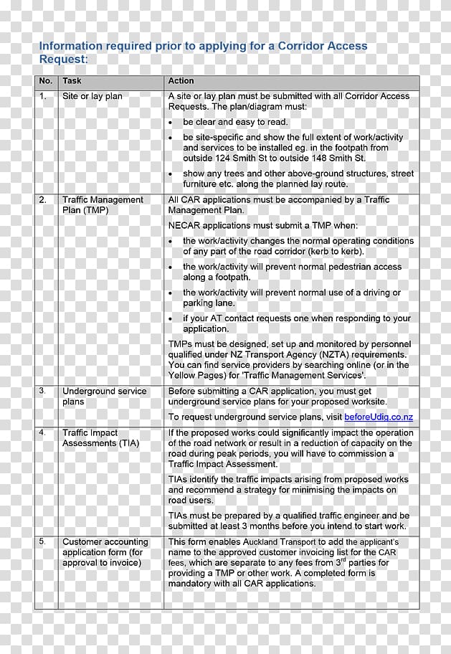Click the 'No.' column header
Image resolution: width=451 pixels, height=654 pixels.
46,81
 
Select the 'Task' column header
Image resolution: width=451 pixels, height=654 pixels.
72,81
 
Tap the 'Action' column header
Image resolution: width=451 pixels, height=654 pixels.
181,81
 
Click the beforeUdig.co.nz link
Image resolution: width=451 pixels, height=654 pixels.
379,417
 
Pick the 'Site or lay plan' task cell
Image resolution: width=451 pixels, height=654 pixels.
92,96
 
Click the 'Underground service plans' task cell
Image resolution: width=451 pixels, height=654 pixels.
104,397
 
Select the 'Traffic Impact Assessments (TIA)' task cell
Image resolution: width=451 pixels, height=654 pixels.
100,438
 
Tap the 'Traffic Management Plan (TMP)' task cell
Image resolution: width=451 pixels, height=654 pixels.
103,205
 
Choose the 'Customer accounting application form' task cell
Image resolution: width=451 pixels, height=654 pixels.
105,552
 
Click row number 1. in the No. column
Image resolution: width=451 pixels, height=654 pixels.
43,96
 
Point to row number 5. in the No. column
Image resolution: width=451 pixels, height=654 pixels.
43,541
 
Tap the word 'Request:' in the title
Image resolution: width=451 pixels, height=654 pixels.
63,60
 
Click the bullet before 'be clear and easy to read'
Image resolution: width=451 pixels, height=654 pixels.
171,123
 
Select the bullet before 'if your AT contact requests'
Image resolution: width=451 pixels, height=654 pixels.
171,318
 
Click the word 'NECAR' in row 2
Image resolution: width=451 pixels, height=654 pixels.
184,226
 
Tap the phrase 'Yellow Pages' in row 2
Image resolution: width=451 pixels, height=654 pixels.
196,375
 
